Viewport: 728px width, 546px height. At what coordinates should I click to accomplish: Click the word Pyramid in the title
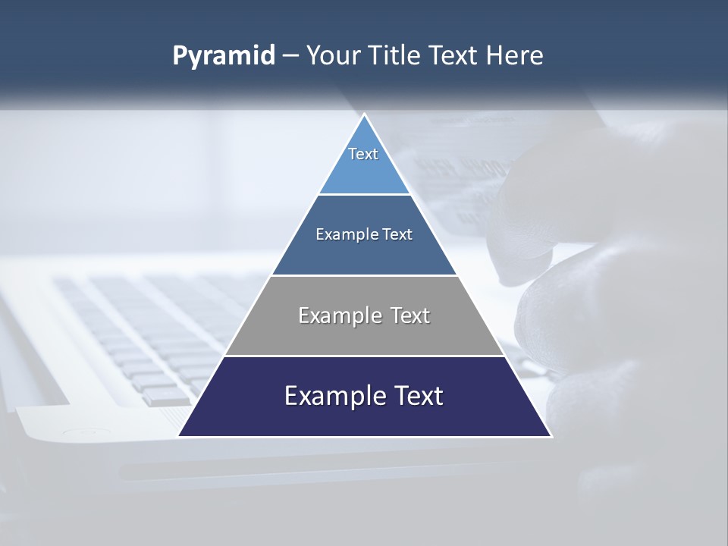[224, 56]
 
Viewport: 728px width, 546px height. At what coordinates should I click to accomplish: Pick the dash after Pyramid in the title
[290, 56]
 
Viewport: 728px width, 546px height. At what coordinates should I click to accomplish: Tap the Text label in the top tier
[363, 154]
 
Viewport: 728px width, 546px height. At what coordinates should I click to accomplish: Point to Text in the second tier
[397, 234]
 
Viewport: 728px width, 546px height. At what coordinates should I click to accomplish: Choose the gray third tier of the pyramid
[364, 337]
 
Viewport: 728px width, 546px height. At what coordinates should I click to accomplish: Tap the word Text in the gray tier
[409, 315]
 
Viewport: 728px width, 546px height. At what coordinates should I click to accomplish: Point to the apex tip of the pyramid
[365, 115]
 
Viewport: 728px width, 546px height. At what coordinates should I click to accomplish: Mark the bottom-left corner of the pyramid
[180, 435]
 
